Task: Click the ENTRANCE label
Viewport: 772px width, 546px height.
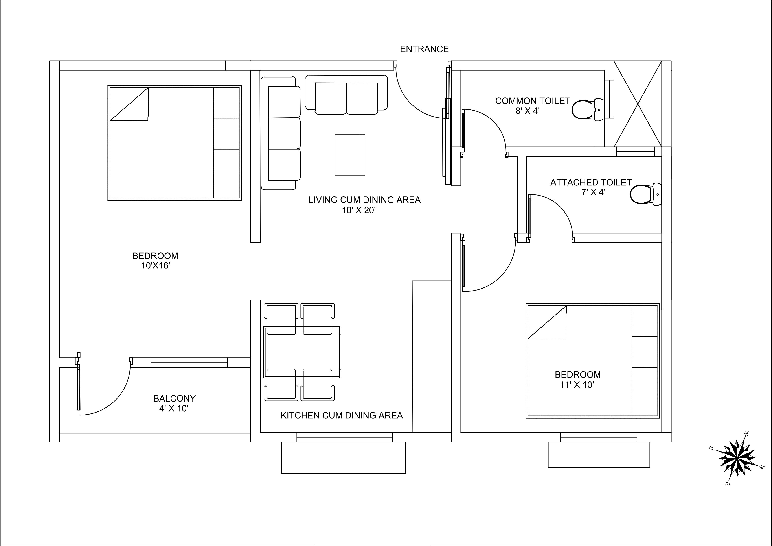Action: point(424,49)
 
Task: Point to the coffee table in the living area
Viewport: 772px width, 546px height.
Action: point(350,155)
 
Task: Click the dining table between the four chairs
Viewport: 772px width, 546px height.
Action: point(302,352)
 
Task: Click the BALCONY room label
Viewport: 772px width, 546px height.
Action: point(174,398)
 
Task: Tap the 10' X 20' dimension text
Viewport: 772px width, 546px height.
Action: point(359,210)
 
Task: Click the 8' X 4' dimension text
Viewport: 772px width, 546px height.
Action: point(528,111)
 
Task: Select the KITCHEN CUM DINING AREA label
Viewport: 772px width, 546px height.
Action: point(342,415)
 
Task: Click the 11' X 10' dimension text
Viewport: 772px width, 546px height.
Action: point(577,385)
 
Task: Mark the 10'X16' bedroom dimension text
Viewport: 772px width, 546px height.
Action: point(155,266)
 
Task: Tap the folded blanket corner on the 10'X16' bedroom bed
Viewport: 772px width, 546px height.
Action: point(129,104)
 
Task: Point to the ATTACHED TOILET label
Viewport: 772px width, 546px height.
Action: point(591,182)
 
